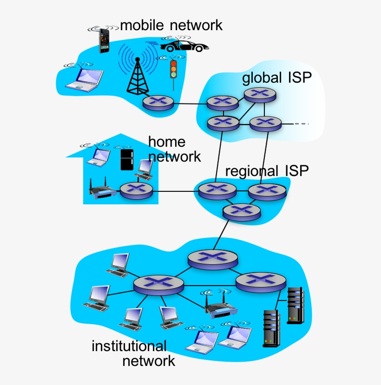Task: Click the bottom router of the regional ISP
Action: tap(241, 211)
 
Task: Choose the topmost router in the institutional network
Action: tap(213, 258)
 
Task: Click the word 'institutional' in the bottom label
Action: tap(129, 346)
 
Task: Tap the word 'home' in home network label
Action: tap(166, 142)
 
